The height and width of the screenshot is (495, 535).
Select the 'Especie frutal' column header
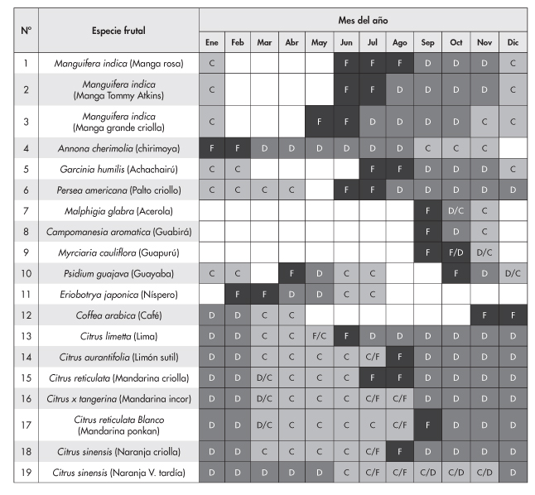click(118, 31)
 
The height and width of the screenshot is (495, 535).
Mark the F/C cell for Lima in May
click(318, 335)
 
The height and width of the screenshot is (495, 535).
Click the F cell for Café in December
click(512, 315)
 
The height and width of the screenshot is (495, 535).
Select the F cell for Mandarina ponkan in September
click(428, 425)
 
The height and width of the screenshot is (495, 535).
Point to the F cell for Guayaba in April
click(292, 273)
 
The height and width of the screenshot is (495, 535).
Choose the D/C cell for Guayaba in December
click(512, 273)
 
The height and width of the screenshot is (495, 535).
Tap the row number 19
click(26, 473)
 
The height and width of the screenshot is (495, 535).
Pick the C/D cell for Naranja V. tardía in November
click(484, 473)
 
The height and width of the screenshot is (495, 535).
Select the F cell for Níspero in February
click(238, 294)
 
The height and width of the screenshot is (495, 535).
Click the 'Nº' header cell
click(26, 31)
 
